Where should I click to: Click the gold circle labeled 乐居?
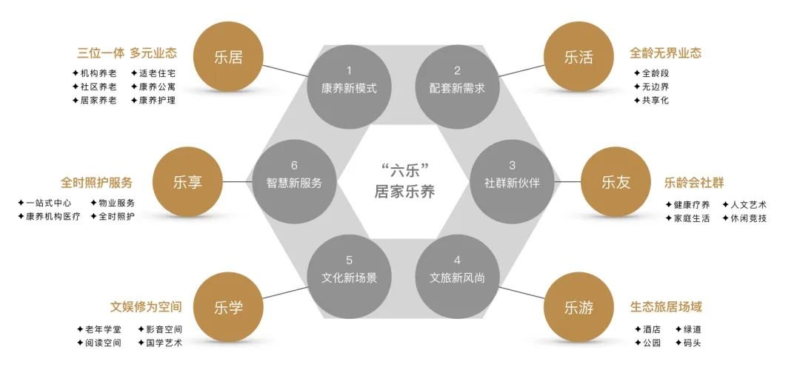pos(228,56)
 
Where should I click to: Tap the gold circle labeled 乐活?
pos(579,56)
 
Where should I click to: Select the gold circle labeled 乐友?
pos(616,182)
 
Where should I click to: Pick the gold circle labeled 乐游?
pos(579,307)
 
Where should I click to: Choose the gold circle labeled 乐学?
pos(228,307)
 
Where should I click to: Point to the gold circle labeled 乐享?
pos(187,182)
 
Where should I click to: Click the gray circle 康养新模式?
pos(350,87)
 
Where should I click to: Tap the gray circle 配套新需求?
pos(457,87)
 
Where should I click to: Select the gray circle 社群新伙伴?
pos(512,182)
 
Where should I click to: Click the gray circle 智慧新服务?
pos(294,182)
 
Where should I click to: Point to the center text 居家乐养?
pos(404,192)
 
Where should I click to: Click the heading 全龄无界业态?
pos(665,53)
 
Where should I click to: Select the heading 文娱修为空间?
pos(146,307)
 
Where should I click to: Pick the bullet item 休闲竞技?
pos(744,218)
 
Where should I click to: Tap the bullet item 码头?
pos(688,343)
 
